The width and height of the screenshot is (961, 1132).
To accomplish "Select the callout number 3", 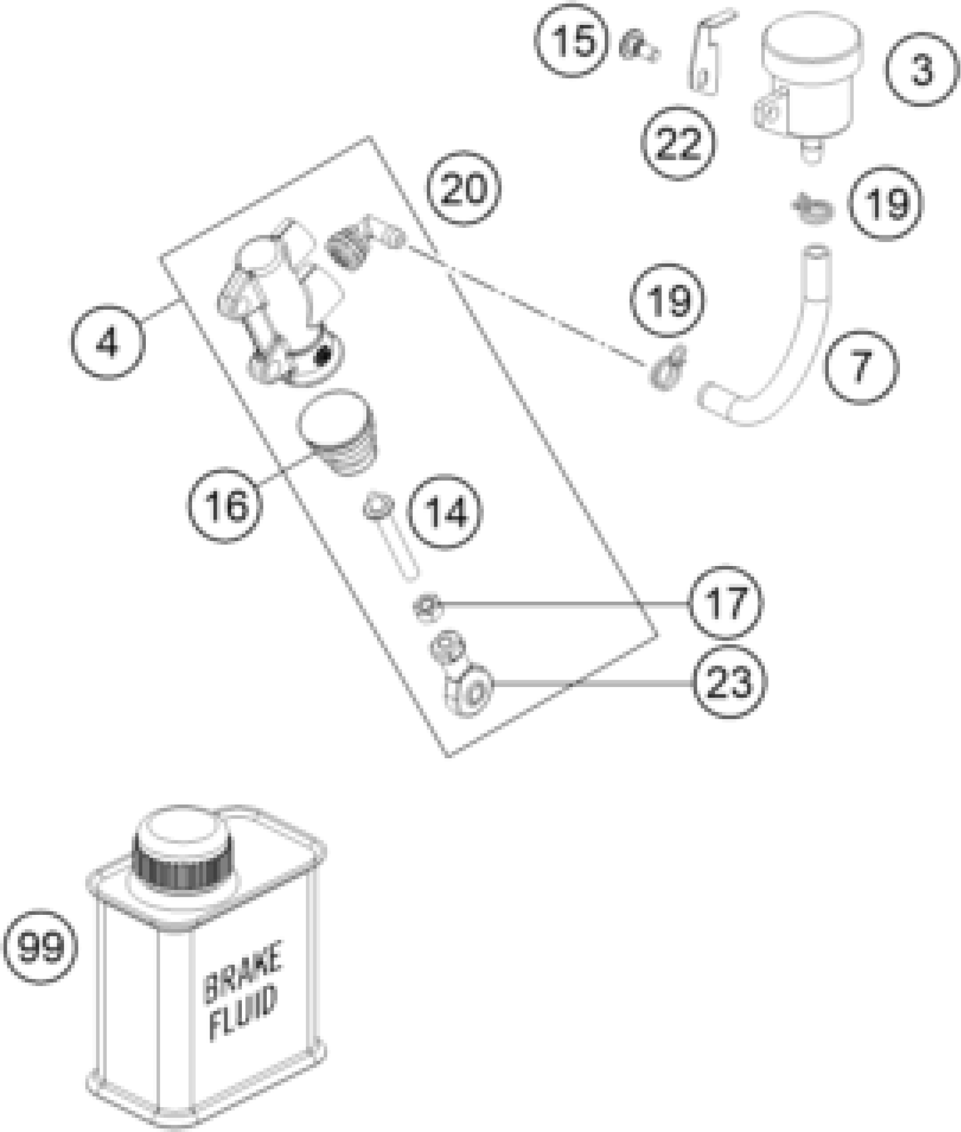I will click(x=922, y=70).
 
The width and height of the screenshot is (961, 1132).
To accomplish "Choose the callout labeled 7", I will click(x=860, y=366).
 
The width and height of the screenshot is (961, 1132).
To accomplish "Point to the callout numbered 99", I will click(x=41, y=945).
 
